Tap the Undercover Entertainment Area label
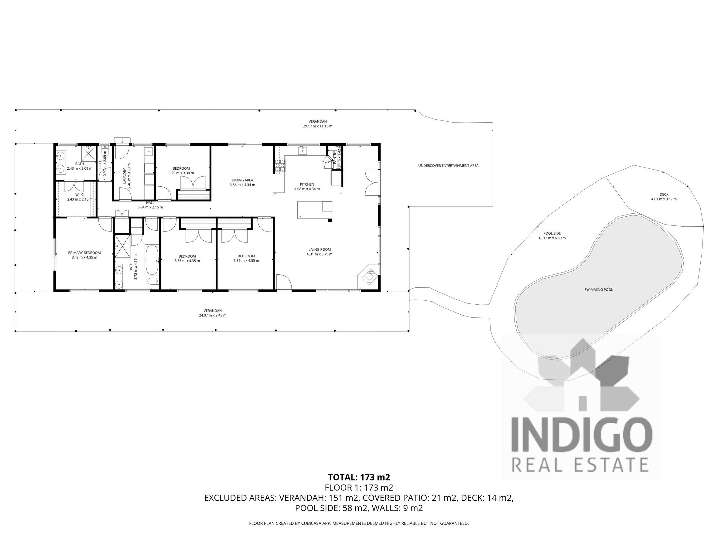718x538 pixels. click(x=448, y=166)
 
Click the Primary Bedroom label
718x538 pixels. click(x=84, y=253)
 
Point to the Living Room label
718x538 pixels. click(x=320, y=249)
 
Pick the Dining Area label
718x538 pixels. click(x=242, y=180)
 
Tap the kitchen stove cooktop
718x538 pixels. click(x=280, y=165)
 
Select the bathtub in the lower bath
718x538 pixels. click(x=152, y=260)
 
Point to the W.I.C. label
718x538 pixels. click(x=80, y=195)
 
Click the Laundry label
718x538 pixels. click(x=125, y=176)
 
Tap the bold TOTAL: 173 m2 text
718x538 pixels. click(x=359, y=477)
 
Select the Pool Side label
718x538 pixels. click(x=552, y=233)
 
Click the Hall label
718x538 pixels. click(x=150, y=203)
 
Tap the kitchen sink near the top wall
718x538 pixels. click(x=303, y=150)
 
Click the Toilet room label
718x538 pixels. click(x=100, y=164)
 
